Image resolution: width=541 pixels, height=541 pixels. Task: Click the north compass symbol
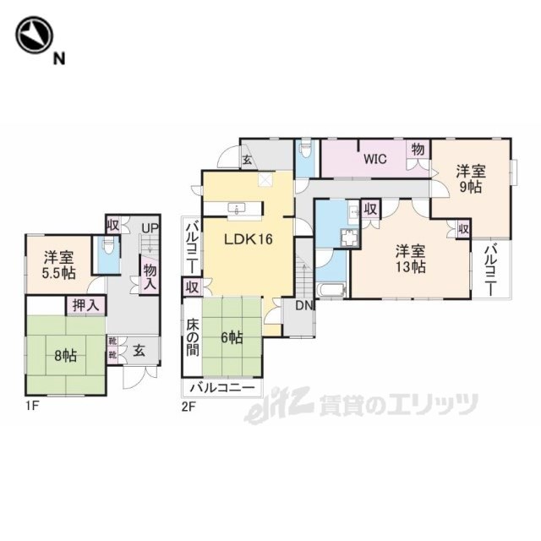pos(34,35)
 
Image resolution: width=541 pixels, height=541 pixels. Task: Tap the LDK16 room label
pos(249,238)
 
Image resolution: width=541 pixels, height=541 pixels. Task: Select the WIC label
pos(375,159)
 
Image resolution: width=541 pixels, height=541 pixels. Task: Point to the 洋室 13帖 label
pos(410,259)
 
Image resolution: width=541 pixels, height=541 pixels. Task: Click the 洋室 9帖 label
pos(471,179)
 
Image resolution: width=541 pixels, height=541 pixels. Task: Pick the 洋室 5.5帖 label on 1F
pos(58,265)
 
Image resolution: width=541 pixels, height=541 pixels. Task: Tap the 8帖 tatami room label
pos(66,356)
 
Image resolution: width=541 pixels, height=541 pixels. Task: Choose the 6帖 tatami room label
pos(232,338)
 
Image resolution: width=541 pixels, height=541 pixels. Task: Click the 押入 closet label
pos(86,306)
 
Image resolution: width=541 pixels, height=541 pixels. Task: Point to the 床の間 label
pos(193,338)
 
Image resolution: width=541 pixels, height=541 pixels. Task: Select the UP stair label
pos(150,228)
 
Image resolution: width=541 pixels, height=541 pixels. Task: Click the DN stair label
pos(304,306)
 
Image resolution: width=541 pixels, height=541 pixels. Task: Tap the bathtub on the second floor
pos(331,290)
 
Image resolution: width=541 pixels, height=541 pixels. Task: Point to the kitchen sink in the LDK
pos(237,208)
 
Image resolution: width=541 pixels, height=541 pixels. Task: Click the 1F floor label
pos(31,407)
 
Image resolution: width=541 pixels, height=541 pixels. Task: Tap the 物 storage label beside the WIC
pos(418,150)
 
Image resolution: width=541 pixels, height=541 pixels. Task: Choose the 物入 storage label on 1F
pos(150,276)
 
